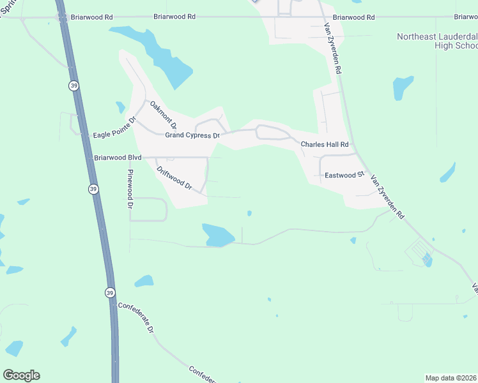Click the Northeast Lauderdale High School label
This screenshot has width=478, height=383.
coord(437,41)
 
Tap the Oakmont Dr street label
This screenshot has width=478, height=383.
coord(164,115)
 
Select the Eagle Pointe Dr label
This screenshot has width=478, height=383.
coord(116,127)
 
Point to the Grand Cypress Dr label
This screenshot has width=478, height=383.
coord(192,135)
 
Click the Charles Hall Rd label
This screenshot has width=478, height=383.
coord(325,145)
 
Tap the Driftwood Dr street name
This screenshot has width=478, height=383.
coord(174,178)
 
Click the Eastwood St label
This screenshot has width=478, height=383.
coord(344,174)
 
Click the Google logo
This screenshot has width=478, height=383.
coord(21,375)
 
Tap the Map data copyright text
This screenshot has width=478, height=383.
coord(451,377)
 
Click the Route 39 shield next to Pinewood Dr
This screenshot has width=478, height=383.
coord(93,189)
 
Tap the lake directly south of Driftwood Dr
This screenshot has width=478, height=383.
coord(217,235)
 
